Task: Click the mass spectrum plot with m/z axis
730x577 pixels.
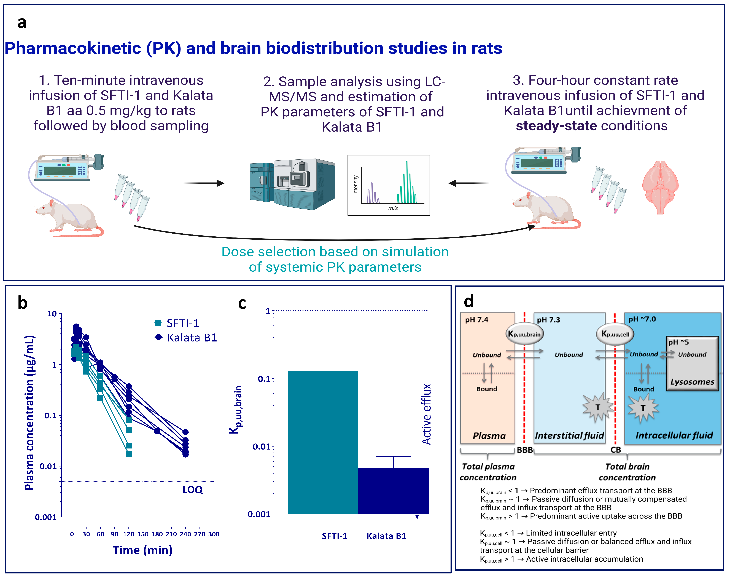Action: [x=389, y=185]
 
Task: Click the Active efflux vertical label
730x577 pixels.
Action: [x=426, y=414]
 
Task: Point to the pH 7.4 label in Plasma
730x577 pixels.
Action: [x=476, y=320]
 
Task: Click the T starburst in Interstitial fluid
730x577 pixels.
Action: [x=598, y=407]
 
